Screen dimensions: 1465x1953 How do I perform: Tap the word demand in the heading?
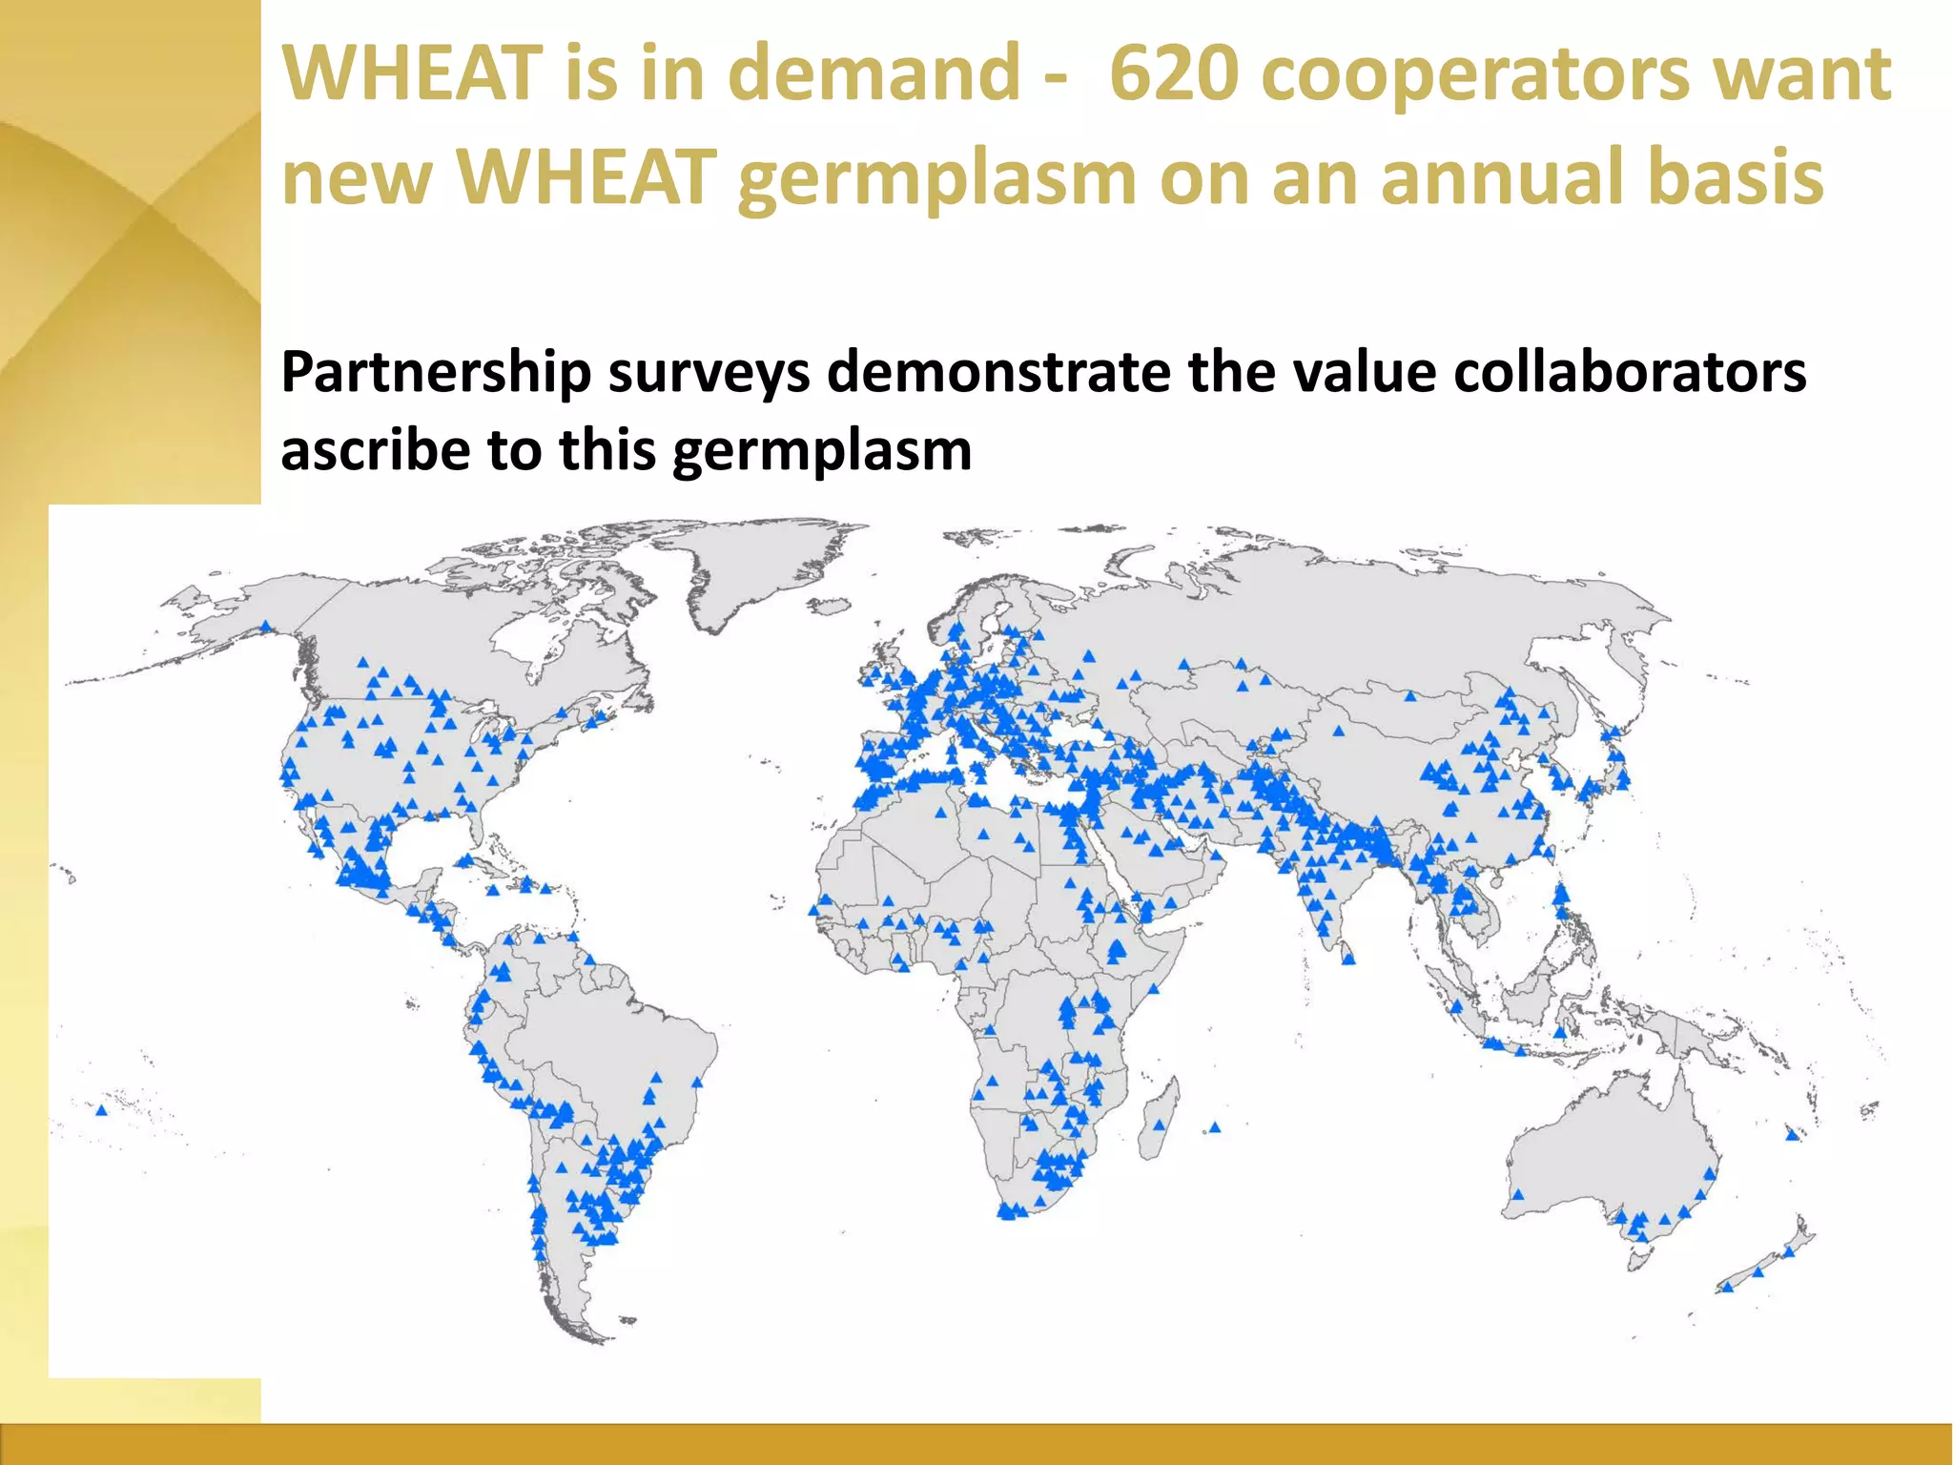point(874,74)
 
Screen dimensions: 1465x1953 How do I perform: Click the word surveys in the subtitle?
point(709,372)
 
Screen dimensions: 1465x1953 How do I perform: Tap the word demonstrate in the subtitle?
point(998,372)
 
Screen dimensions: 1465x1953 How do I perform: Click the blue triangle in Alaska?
point(266,627)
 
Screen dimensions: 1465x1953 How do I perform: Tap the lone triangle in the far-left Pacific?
point(102,1109)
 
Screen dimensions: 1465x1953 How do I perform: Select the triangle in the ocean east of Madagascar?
point(1214,1127)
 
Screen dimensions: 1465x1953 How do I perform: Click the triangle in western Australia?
point(1517,1194)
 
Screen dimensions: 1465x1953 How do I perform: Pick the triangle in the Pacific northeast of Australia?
point(1792,1135)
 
